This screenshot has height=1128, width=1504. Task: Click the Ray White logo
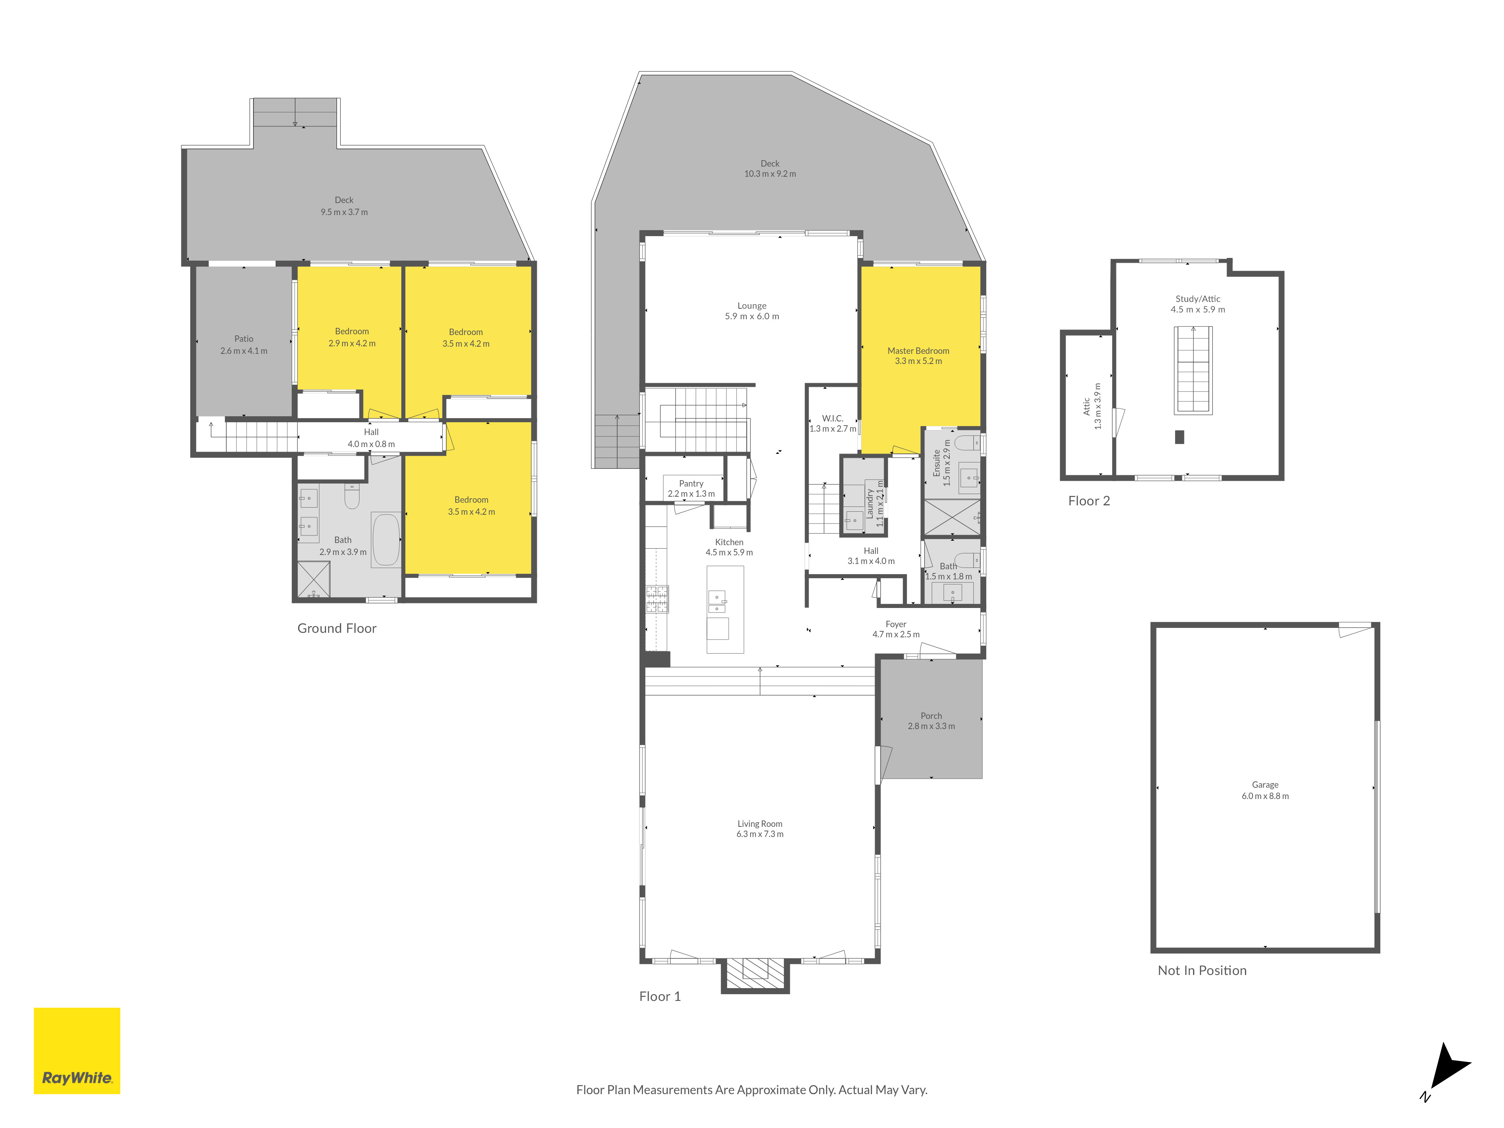click(77, 1051)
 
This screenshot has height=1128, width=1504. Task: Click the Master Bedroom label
click(918, 351)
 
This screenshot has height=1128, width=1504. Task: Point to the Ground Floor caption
click(337, 628)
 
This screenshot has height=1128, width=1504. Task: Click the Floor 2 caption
click(1089, 501)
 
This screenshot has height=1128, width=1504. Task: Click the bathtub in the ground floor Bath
click(385, 539)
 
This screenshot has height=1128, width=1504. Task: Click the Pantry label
click(691, 484)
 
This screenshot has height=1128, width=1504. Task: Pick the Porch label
click(931, 716)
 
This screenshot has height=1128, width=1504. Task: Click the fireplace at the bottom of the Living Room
click(755, 974)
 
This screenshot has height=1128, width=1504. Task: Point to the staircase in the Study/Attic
click(1193, 371)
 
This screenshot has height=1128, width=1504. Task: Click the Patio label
click(243, 339)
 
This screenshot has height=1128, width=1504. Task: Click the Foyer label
click(896, 624)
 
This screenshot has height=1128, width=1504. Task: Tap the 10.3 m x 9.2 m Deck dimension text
click(770, 174)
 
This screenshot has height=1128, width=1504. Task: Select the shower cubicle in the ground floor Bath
click(314, 579)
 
